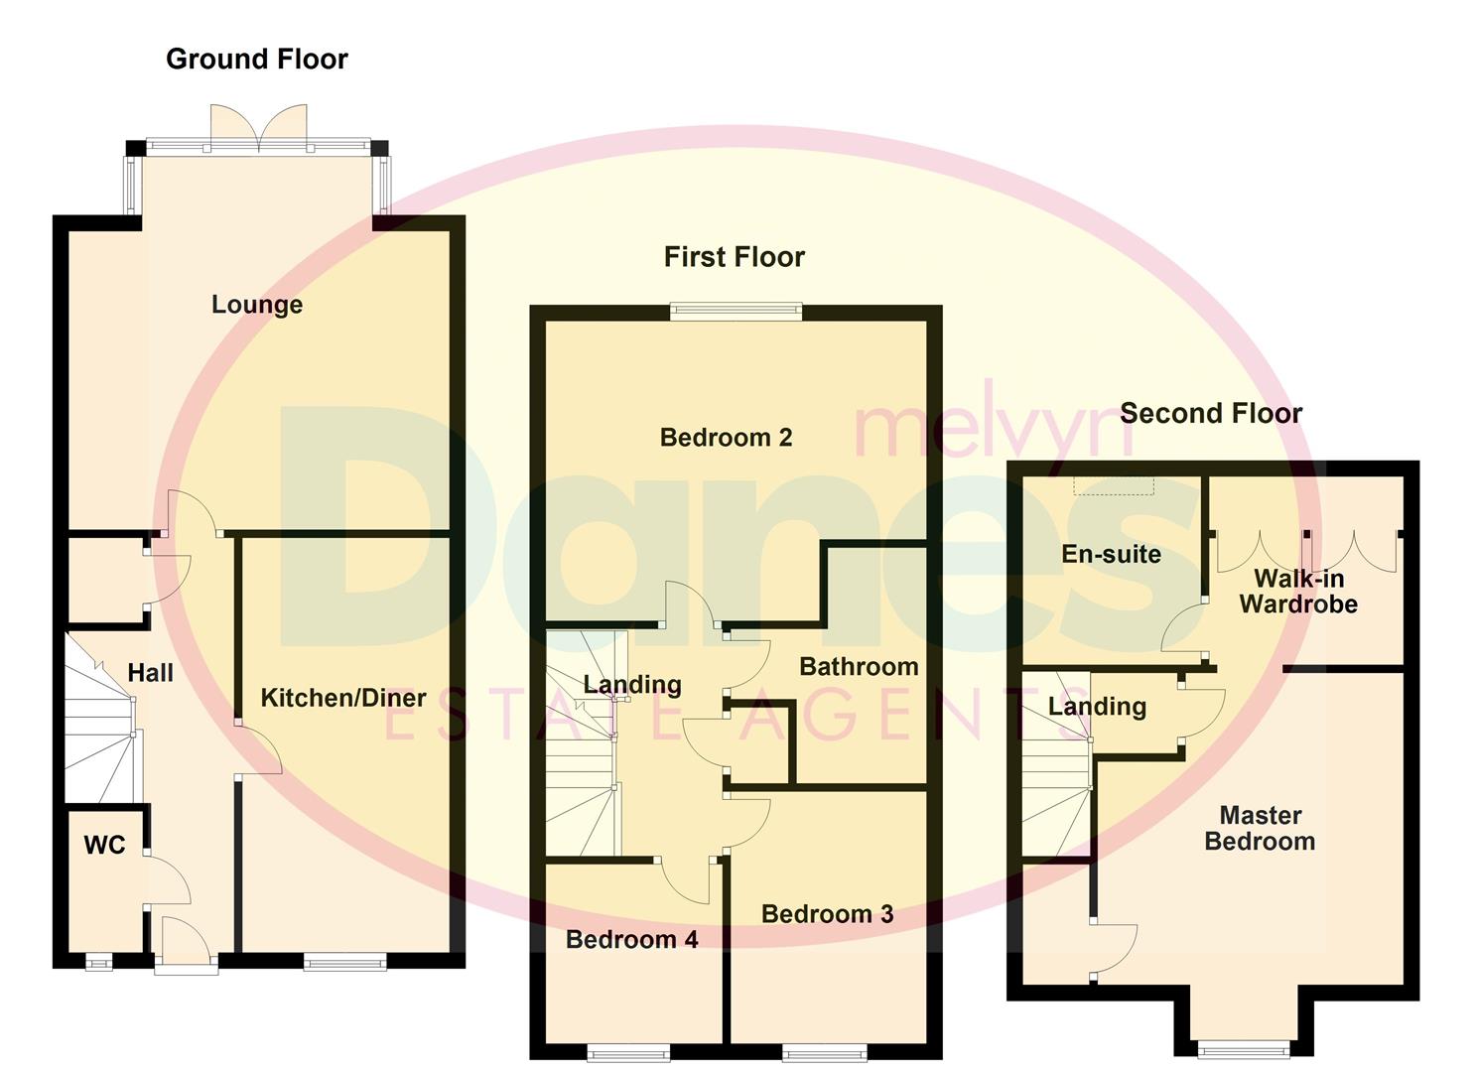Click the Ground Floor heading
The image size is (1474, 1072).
click(x=256, y=60)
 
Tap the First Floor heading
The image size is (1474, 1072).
click(x=734, y=257)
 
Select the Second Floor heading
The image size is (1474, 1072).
click(x=1210, y=413)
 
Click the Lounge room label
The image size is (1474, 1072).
click(x=256, y=305)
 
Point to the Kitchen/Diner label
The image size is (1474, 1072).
click(x=342, y=698)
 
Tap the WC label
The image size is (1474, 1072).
click(x=104, y=845)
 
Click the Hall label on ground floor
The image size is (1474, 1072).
click(x=150, y=673)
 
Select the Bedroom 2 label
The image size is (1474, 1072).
click(x=726, y=438)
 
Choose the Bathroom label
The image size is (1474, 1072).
click(x=858, y=667)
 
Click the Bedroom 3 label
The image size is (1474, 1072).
click(x=827, y=914)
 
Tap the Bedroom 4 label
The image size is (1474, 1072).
click(x=631, y=939)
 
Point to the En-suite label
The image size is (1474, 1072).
click(x=1111, y=554)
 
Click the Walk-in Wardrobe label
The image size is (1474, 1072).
click(x=1297, y=592)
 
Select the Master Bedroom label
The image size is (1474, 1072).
click(x=1259, y=828)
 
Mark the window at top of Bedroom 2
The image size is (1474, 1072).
click(x=736, y=311)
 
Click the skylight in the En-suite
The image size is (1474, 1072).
click(x=1114, y=484)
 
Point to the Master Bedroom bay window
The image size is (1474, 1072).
click(x=1244, y=1047)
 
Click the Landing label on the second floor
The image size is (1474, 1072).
click(x=1097, y=707)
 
